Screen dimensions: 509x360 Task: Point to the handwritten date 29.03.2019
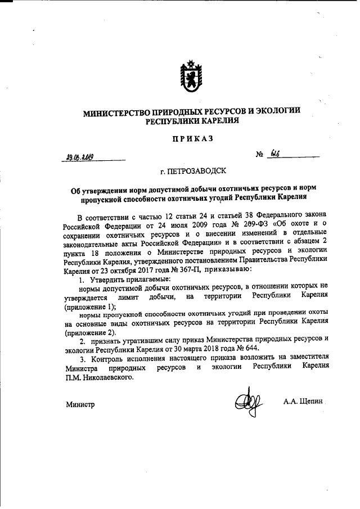click(78, 158)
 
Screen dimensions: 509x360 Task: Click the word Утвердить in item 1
click(107, 280)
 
